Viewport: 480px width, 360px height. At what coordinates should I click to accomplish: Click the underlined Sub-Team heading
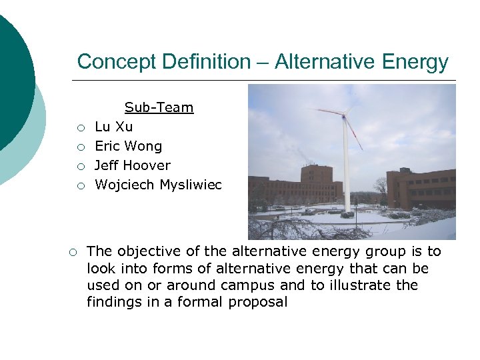(159, 107)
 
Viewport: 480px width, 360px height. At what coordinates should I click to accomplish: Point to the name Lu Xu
(114, 127)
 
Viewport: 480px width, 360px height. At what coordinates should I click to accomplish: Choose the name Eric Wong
(128, 146)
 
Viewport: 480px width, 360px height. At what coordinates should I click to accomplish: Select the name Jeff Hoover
(133, 165)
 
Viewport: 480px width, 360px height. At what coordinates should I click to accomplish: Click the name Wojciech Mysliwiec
(159, 185)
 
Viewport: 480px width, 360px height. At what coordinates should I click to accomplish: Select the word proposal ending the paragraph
(258, 302)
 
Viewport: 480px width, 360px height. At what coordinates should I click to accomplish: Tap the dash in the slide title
(262, 62)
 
